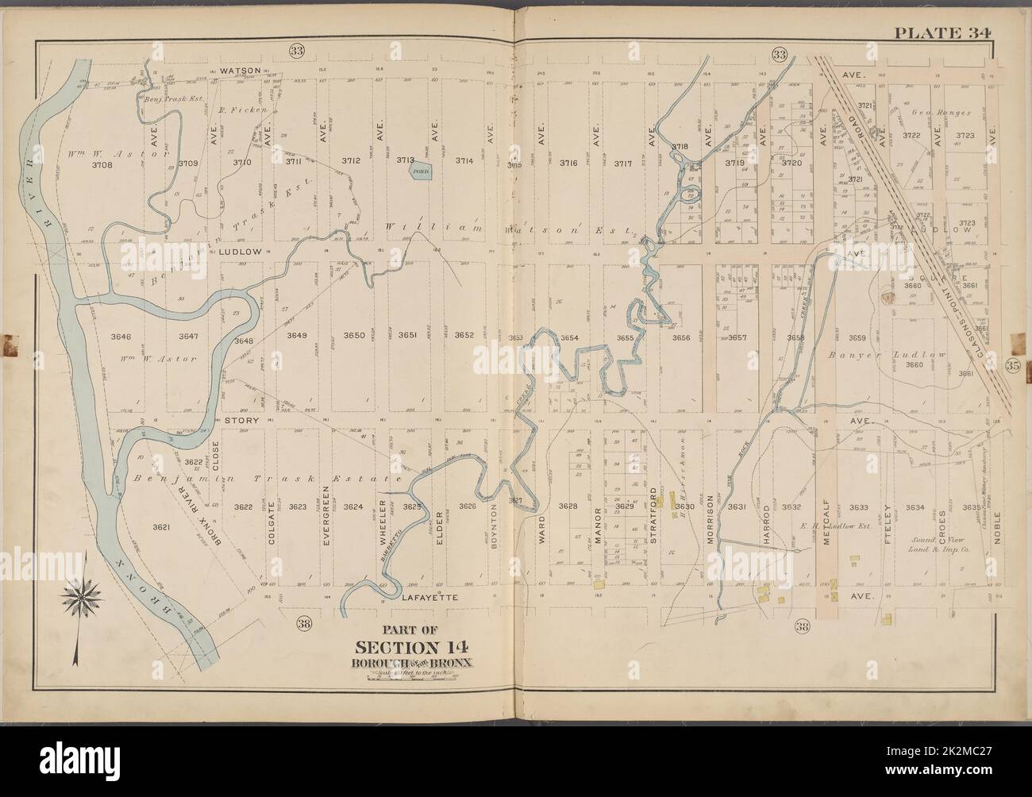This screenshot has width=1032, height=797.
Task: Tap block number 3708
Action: click(x=102, y=165)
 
